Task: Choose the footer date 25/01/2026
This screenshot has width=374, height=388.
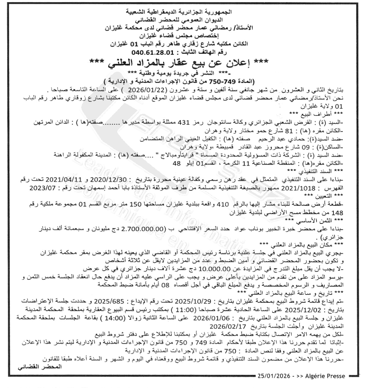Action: (x=275, y=376)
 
